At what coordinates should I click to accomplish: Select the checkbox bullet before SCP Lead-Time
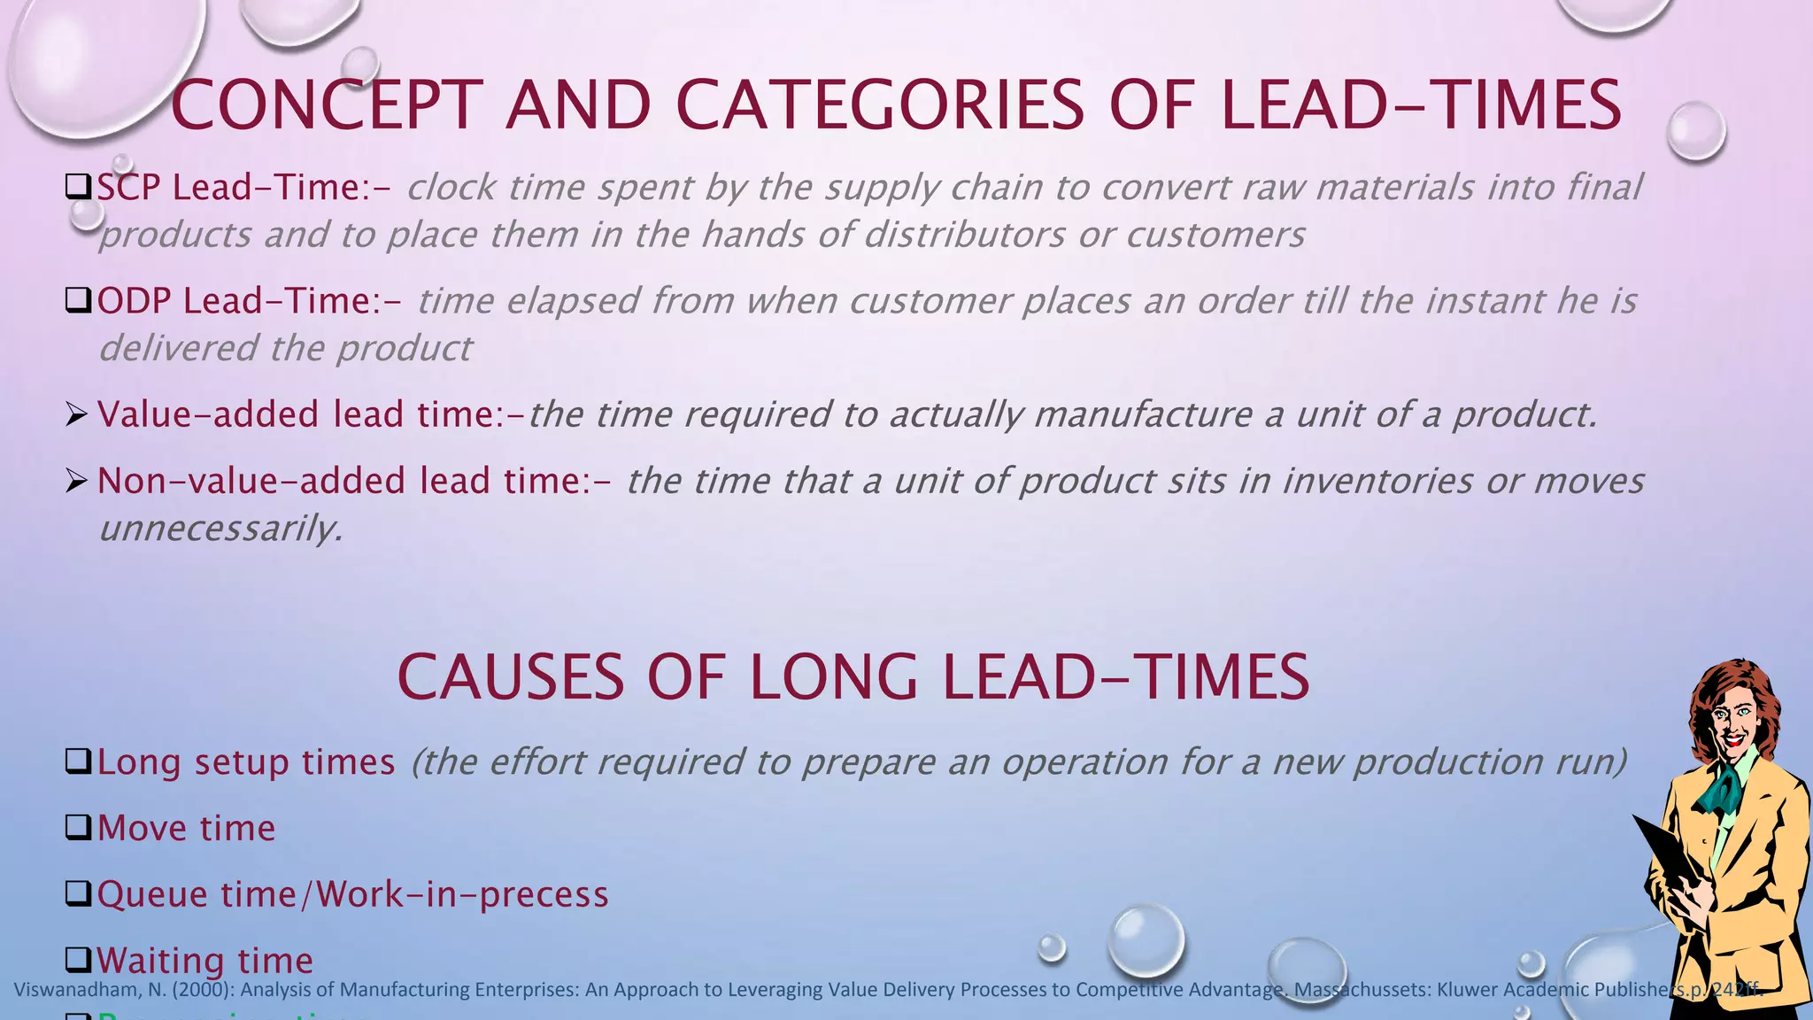tap(79, 187)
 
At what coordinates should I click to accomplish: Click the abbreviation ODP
tap(134, 301)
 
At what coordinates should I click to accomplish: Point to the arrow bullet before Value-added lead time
tap(77, 413)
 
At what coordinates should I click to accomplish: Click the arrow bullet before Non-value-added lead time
tap(77, 481)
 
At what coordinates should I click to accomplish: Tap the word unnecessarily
tap(220, 529)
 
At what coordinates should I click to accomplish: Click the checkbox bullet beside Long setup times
tap(79, 761)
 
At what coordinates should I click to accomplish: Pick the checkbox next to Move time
tap(79, 828)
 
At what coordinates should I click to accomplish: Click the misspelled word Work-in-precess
tap(463, 894)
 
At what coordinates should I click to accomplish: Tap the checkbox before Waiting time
tap(79, 960)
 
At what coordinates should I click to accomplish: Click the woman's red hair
tap(1709, 699)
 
